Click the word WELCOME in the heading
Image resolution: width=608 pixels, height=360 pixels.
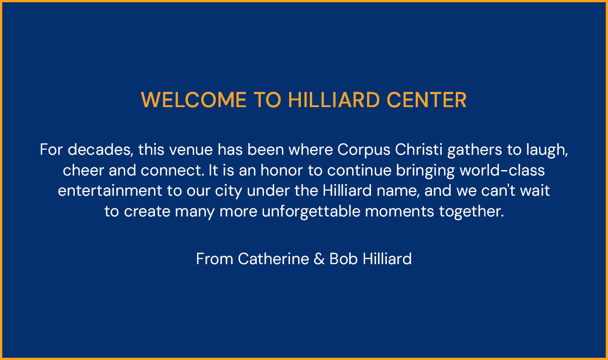pyautogui.click(x=194, y=100)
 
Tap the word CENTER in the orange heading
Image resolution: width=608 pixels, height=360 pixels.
pyautogui.click(x=427, y=100)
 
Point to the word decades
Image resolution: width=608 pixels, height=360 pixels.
pyautogui.click(x=100, y=149)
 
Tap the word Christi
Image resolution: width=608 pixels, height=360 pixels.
pyautogui.click(x=419, y=149)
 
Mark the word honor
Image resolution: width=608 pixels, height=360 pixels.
pyautogui.click(x=281, y=171)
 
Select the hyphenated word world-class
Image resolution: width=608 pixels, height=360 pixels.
pyautogui.click(x=502, y=171)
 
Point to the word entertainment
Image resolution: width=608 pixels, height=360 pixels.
pyautogui.click(x=110, y=190)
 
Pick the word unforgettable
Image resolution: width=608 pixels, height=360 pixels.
pyautogui.click(x=311, y=212)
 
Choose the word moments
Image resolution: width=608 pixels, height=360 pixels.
pyautogui.click(x=399, y=212)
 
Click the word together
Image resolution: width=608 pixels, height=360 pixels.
pyautogui.click(x=472, y=212)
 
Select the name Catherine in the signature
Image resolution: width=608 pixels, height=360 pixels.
pyautogui.click(x=274, y=259)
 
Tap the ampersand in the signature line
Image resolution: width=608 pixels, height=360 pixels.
pyautogui.click(x=319, y=259)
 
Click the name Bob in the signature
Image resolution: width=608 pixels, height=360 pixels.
pyautogui.click(x=344, y=259)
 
